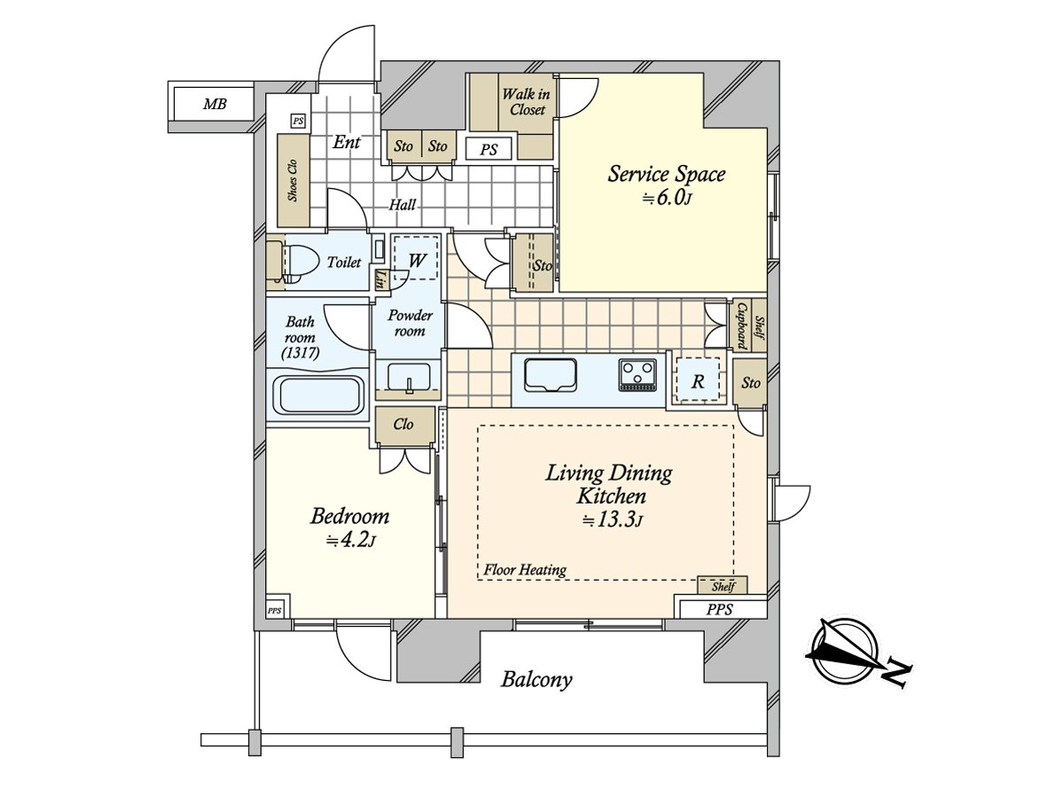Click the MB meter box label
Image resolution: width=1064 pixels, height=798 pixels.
pos(215,105)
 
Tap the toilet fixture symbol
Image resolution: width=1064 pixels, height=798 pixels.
pos(291,262)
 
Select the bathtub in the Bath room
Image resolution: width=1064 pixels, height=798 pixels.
pos(318,395)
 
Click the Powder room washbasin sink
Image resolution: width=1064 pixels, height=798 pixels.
pos(408,376)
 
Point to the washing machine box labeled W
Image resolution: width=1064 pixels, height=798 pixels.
pos(416,259)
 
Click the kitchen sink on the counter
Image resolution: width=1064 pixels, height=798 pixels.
pos(551,374)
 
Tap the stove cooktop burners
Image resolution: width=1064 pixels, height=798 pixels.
pos(638,374)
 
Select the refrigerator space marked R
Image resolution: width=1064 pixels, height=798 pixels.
pos(698,382)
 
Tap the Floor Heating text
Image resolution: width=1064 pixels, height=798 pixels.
pos(525,570)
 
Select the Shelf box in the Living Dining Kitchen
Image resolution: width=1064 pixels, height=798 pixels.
pos(722,586)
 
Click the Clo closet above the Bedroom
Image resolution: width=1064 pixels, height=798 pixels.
pos(403,425)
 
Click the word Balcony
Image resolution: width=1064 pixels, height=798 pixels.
pos(536,680)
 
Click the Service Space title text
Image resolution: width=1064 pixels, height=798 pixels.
pos(666,174)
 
